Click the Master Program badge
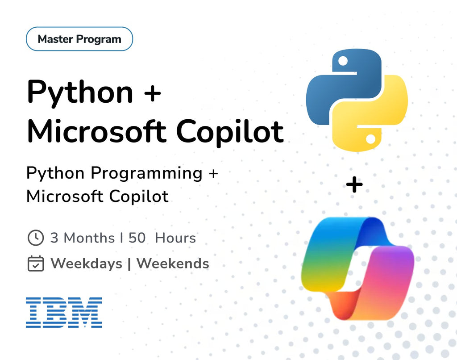(x=79, y=39)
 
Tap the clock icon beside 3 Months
(x=36, y=238)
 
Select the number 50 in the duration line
(x=137, y=238)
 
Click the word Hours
(x=175, y=238)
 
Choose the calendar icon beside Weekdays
(x=36, y=264)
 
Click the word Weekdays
(x=86, y=264)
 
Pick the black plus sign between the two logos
(x=354, y=185)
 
